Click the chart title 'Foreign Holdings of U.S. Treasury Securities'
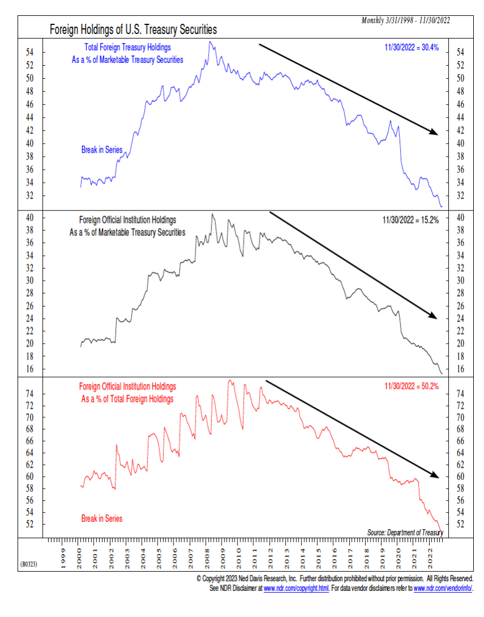click(x=133, y=29)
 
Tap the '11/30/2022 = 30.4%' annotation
click(x=411, y=48)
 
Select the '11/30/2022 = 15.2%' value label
click(x=411, y=220)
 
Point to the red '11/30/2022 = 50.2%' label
click(x=411, y=386)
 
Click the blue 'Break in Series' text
click(x=101, y=150)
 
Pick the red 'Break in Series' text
click(x=102, y=518)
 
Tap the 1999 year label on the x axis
click(x=63, y=559)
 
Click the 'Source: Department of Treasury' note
click(x=405, y=533)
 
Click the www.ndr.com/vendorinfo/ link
click(x=443, y=588)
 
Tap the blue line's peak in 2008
click(x=210, y=42)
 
